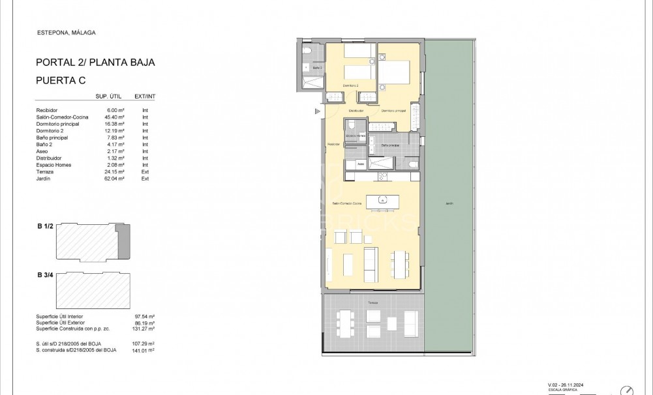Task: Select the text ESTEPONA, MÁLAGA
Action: coord(62,32)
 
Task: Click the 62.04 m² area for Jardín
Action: coord(114,179)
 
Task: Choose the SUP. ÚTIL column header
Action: coord(109,96)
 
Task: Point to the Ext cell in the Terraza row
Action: coord(145,171)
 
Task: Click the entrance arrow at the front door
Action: coord(318,111)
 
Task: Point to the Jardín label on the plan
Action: coord(449,203)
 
